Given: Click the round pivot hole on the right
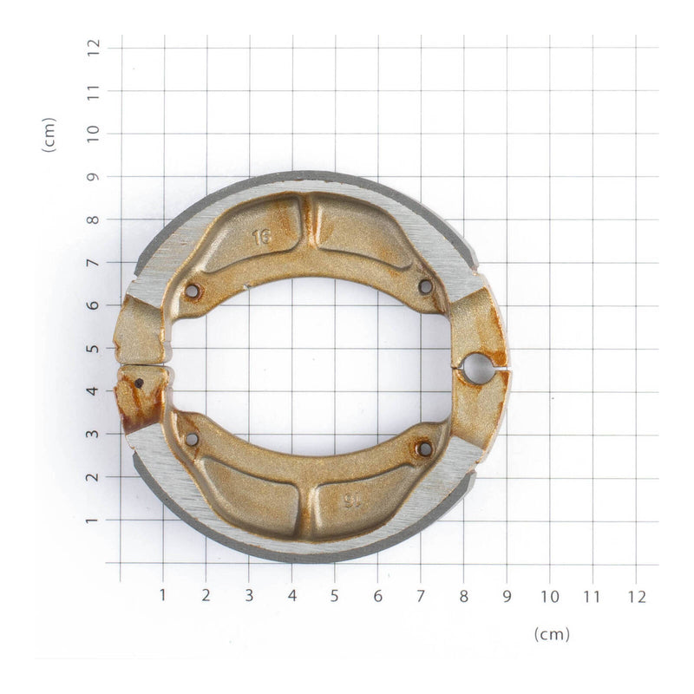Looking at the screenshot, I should pos(476,369).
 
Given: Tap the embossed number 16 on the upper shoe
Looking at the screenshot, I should pos(262,237).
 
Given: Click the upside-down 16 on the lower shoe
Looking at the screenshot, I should pos(351,501).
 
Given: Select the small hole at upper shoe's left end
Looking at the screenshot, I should pos(192,291).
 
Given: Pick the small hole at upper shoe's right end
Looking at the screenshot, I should pos(425,286).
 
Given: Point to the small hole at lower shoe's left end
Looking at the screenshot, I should pos(192,439).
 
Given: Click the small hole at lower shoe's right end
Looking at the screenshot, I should pos(424,448).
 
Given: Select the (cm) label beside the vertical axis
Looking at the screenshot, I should pos(49,134).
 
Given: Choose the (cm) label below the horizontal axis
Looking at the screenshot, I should pos(552,634).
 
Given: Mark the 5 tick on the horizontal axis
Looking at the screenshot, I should pos(335,596).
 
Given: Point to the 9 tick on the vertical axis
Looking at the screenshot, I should pos(94,176).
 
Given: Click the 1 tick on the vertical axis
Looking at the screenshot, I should pos(94,520).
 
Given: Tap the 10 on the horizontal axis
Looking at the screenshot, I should pos(550,596).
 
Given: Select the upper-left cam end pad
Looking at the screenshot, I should pos(141,330).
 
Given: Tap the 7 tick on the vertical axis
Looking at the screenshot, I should pos(94,262).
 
